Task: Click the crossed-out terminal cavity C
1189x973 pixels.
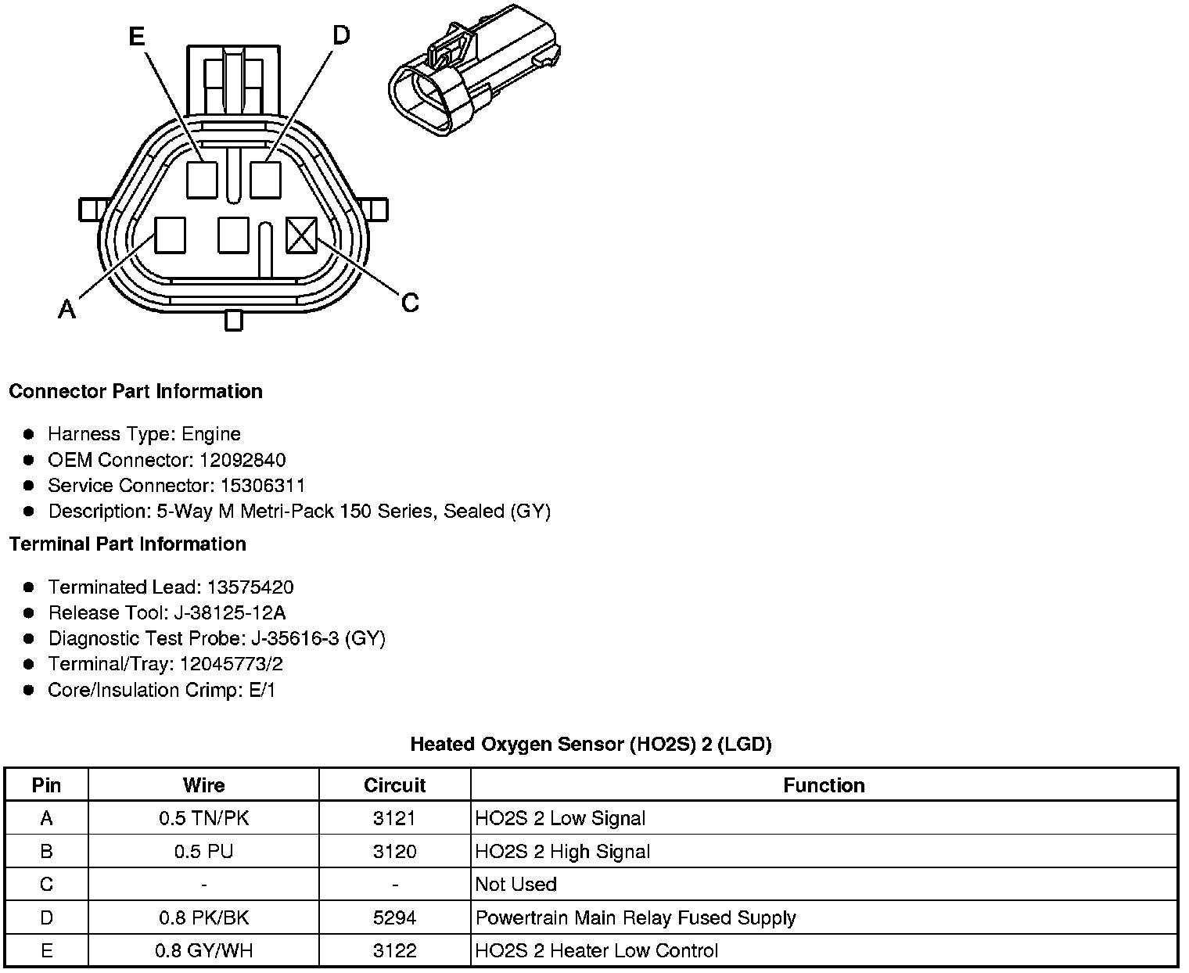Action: point(301,235)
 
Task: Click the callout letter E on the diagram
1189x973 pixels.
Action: point(137,37)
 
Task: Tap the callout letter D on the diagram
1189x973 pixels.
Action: point(342,35)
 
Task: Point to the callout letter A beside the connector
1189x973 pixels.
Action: point(67,310)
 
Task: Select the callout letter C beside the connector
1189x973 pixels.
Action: point(410,303)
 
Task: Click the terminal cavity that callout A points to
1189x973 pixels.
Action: point(170,235)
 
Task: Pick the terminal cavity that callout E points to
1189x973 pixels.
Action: point(201,180)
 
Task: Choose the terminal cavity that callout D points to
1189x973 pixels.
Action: point(265,180)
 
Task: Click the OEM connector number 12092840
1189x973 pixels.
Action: point(242,460)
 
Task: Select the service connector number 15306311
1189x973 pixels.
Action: point(262,486)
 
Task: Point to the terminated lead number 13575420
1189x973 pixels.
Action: point(250,587)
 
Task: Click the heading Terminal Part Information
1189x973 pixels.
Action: point(128,544)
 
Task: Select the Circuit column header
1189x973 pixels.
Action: point(394,785)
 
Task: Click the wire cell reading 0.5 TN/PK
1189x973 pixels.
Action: point(203,819)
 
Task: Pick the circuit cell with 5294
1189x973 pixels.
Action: point(394,917)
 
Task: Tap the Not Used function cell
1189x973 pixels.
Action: point(516,885)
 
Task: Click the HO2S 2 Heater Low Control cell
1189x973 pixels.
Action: point(596,951)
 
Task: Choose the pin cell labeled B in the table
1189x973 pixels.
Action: point(47,852)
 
